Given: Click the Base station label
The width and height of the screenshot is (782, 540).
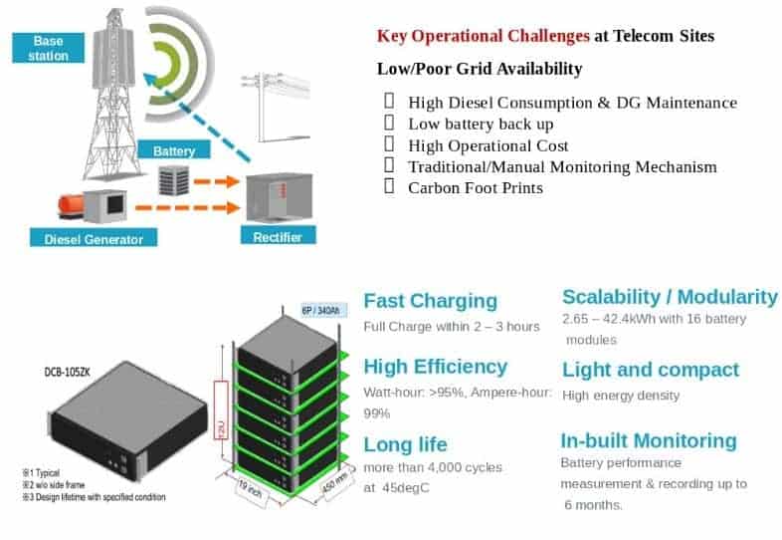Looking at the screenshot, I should click(48, 48).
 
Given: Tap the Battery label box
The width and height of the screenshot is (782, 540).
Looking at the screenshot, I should click(181, 150).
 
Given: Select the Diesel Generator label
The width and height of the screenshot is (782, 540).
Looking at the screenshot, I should click(94, 238).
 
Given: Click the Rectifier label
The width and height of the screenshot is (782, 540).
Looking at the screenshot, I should click(279, 236).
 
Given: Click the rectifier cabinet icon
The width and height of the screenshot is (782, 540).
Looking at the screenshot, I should click(273, 198).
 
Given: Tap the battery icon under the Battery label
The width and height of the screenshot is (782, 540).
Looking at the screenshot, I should click(179, 180).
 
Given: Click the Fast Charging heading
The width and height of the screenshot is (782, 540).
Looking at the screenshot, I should click(430, 301).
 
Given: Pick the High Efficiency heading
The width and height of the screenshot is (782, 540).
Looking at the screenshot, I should click(435, 367).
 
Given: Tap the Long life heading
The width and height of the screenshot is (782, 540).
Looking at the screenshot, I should click(405, 444).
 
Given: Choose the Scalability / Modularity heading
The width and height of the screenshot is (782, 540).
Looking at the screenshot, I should click(670, 297).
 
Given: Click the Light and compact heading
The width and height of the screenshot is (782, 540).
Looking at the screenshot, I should click(651, 370).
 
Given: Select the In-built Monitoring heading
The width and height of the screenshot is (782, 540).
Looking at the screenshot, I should click(649, 440).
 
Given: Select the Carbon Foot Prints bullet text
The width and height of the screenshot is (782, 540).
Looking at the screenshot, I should click(476, 186).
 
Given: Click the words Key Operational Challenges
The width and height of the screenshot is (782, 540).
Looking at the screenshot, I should click(484, 36).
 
